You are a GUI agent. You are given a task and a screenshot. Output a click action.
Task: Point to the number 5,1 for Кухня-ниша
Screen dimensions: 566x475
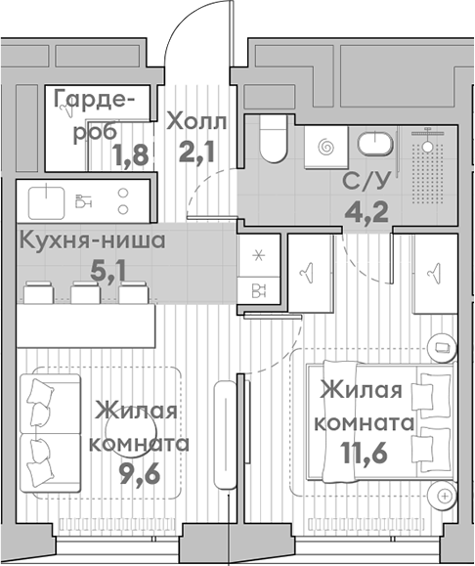[108, 270]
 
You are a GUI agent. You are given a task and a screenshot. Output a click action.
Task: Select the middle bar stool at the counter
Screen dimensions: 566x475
[83, 292]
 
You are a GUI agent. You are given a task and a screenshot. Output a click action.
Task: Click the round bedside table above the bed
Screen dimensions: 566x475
[441, 346]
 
